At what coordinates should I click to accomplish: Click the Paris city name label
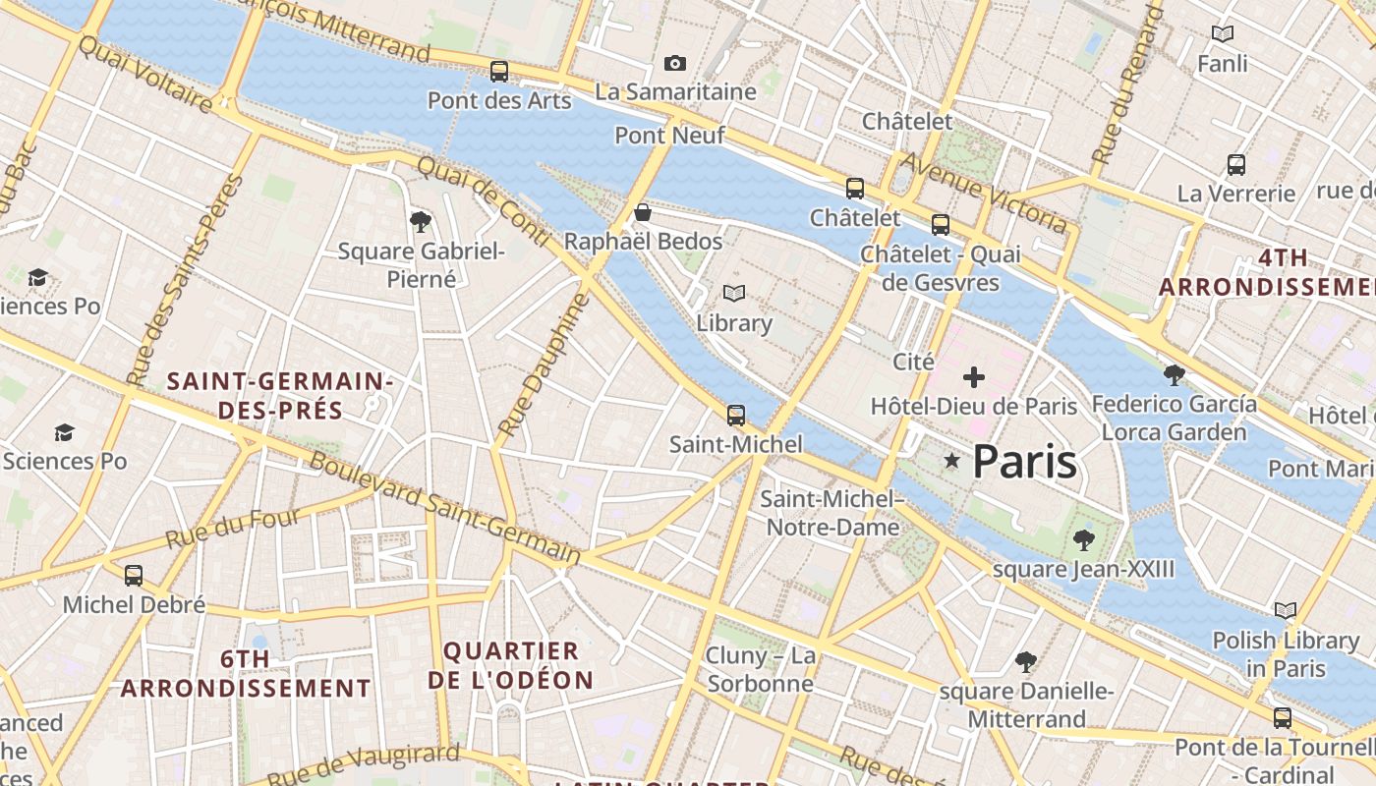[x=1024, y=462]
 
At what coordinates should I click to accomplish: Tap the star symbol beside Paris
[x=951, y=460]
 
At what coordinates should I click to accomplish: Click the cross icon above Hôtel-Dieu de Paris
[x=974, y=377]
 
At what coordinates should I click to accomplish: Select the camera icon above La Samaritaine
[x=675, y=64]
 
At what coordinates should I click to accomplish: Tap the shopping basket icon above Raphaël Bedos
[x=643, y=212]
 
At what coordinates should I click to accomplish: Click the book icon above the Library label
[x=734, y=293]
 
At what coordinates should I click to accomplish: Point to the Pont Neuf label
[x=669, y=136]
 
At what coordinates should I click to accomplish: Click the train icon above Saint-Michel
[x=736, y=416]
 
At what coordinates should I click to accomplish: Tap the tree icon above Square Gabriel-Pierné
[x=421, y=222]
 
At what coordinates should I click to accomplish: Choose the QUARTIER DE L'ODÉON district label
[x=511, y=665]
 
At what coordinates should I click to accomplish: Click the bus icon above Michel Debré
[x=134, y=576]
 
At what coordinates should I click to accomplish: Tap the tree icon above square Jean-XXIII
[x=1084, y=539]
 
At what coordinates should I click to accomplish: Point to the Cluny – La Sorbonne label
[x=761, y=669]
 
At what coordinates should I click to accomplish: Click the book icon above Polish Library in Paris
[x=1286, y=611]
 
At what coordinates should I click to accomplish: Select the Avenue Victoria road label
[x=984, y=193]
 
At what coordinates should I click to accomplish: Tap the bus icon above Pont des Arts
[x=499, y=72]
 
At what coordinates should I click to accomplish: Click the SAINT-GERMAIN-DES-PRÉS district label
[x=280, y=395]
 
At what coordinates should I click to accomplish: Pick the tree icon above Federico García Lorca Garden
[x=1174, y=374]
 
